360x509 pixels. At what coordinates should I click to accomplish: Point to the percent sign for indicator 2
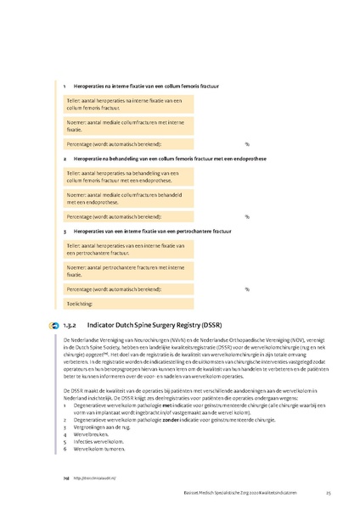click(x=247, y=216)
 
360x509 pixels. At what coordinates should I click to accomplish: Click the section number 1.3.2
click(x=70, y=325)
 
